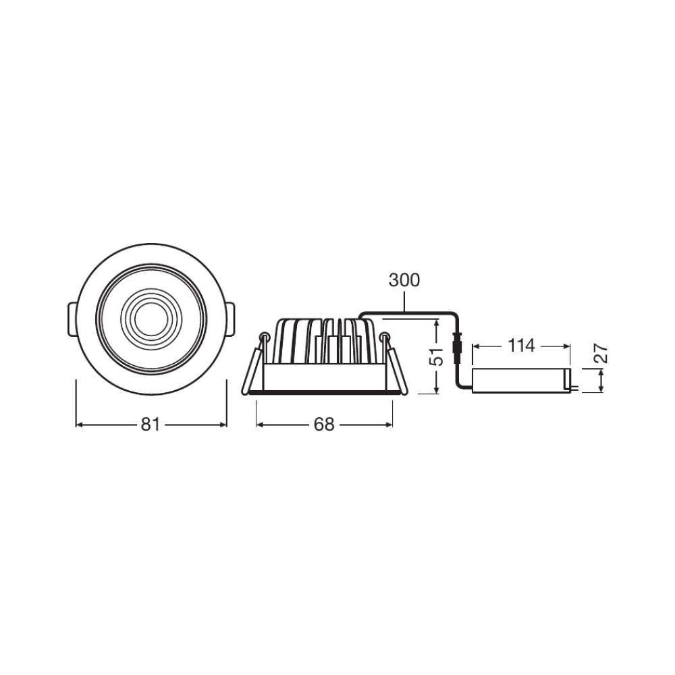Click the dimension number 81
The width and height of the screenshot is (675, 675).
click(x=151, y=425)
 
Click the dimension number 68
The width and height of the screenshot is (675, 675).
click(x=324, y=425)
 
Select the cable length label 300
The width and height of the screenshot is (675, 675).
click(x=404, y=280)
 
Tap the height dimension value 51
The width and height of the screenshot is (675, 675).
click(x=437, y=356)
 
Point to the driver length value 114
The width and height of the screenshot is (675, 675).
click(x=521, y=345)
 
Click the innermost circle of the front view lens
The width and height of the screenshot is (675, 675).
click(x=151, y=319)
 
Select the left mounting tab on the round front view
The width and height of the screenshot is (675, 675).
click(x=72, y=319)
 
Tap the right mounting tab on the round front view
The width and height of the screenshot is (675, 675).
click(x=230, y=319)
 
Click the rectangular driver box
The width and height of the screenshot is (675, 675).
click(x=521, y=381)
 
